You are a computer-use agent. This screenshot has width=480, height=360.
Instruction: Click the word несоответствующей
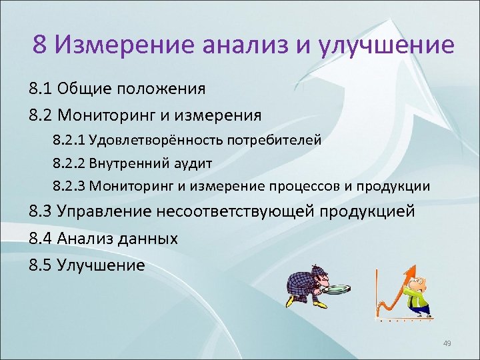[x=251, y=212]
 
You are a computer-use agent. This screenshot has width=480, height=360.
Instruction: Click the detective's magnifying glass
[x=342, y=289]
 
